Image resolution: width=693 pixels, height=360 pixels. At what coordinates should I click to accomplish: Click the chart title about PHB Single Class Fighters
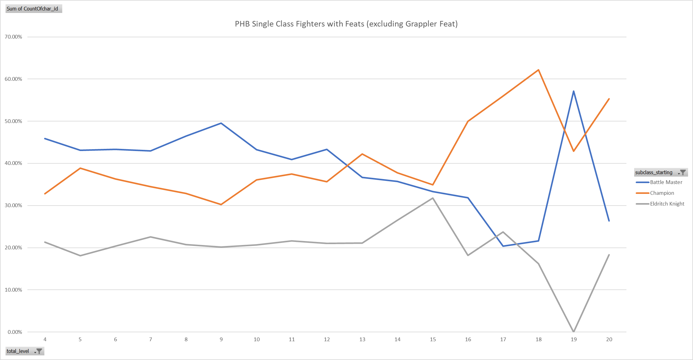pyautogui.click(x=346, y=24)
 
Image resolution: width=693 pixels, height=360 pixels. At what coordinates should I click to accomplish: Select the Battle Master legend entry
pyautogui.click(x=666, y=182)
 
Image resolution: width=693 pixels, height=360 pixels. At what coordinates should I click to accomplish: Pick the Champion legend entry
pyautogui.click(x=662, y=193)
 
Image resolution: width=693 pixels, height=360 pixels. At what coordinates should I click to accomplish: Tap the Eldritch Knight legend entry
pyautogui.click(x=667, y=204)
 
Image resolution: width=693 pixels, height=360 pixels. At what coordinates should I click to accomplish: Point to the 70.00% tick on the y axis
pyautogui.click(x=14, y=37)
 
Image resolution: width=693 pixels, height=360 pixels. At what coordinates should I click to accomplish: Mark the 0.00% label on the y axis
pyautogui.click(x=15, y=332)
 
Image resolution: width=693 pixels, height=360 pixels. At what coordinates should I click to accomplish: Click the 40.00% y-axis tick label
pyautogui.click(x=14, y=163)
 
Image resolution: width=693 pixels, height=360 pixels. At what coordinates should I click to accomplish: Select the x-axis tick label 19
pyautogui.click(x=573, y=339)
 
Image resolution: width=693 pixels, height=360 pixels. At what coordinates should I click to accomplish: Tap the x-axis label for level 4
pyautogui.click(x=45, y=339)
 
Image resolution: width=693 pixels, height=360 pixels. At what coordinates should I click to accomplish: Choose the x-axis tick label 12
pyautogui.click(x=327, y=339)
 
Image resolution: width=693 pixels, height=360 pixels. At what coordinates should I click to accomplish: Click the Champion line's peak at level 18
pyautogui.click(x=538, y=70)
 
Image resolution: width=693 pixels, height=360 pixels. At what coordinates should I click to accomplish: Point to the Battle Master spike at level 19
pyautogui.click(x=573, y=91)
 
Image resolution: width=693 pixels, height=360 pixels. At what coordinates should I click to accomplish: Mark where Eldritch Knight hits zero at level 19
pyautogui.click(x=573, y=332)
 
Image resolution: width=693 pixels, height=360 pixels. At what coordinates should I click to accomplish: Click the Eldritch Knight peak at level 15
pyautogui.click(x=433, y=198)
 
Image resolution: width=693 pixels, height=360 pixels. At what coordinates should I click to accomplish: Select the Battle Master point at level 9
pyautogui.click(x=221, y=123)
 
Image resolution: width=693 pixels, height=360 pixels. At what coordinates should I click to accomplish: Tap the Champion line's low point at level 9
pyautogui.click(x=221, y=204)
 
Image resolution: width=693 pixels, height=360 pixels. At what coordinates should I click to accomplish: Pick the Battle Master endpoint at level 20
pyautogui.click(x=609, y=221)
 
